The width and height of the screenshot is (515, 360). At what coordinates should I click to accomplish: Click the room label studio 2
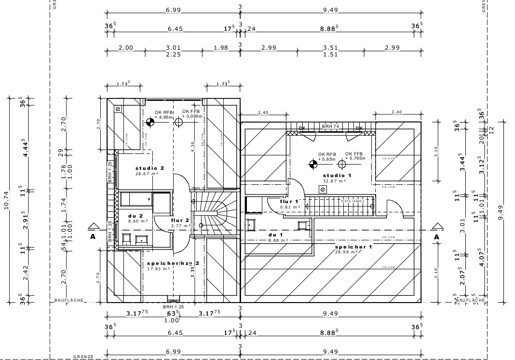(149, 168)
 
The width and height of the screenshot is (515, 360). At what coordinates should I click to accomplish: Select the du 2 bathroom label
(135, 215)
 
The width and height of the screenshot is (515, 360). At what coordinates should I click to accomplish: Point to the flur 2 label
(179, 220)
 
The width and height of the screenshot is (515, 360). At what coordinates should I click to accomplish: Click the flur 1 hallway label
(289, 201)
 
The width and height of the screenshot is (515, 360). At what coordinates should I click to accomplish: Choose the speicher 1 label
(353, 247)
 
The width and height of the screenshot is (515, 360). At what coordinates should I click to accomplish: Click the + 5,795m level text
(355, 158)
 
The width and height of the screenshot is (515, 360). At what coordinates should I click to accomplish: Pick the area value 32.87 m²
(335, 181)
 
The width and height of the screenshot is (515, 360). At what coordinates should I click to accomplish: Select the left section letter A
(92, 237)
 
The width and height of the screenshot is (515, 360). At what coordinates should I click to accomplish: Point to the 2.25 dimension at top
(173, 55)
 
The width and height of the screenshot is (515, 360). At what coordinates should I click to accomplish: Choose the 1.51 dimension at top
(330, 55)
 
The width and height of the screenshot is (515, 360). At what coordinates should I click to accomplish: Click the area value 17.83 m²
(159, 269)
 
